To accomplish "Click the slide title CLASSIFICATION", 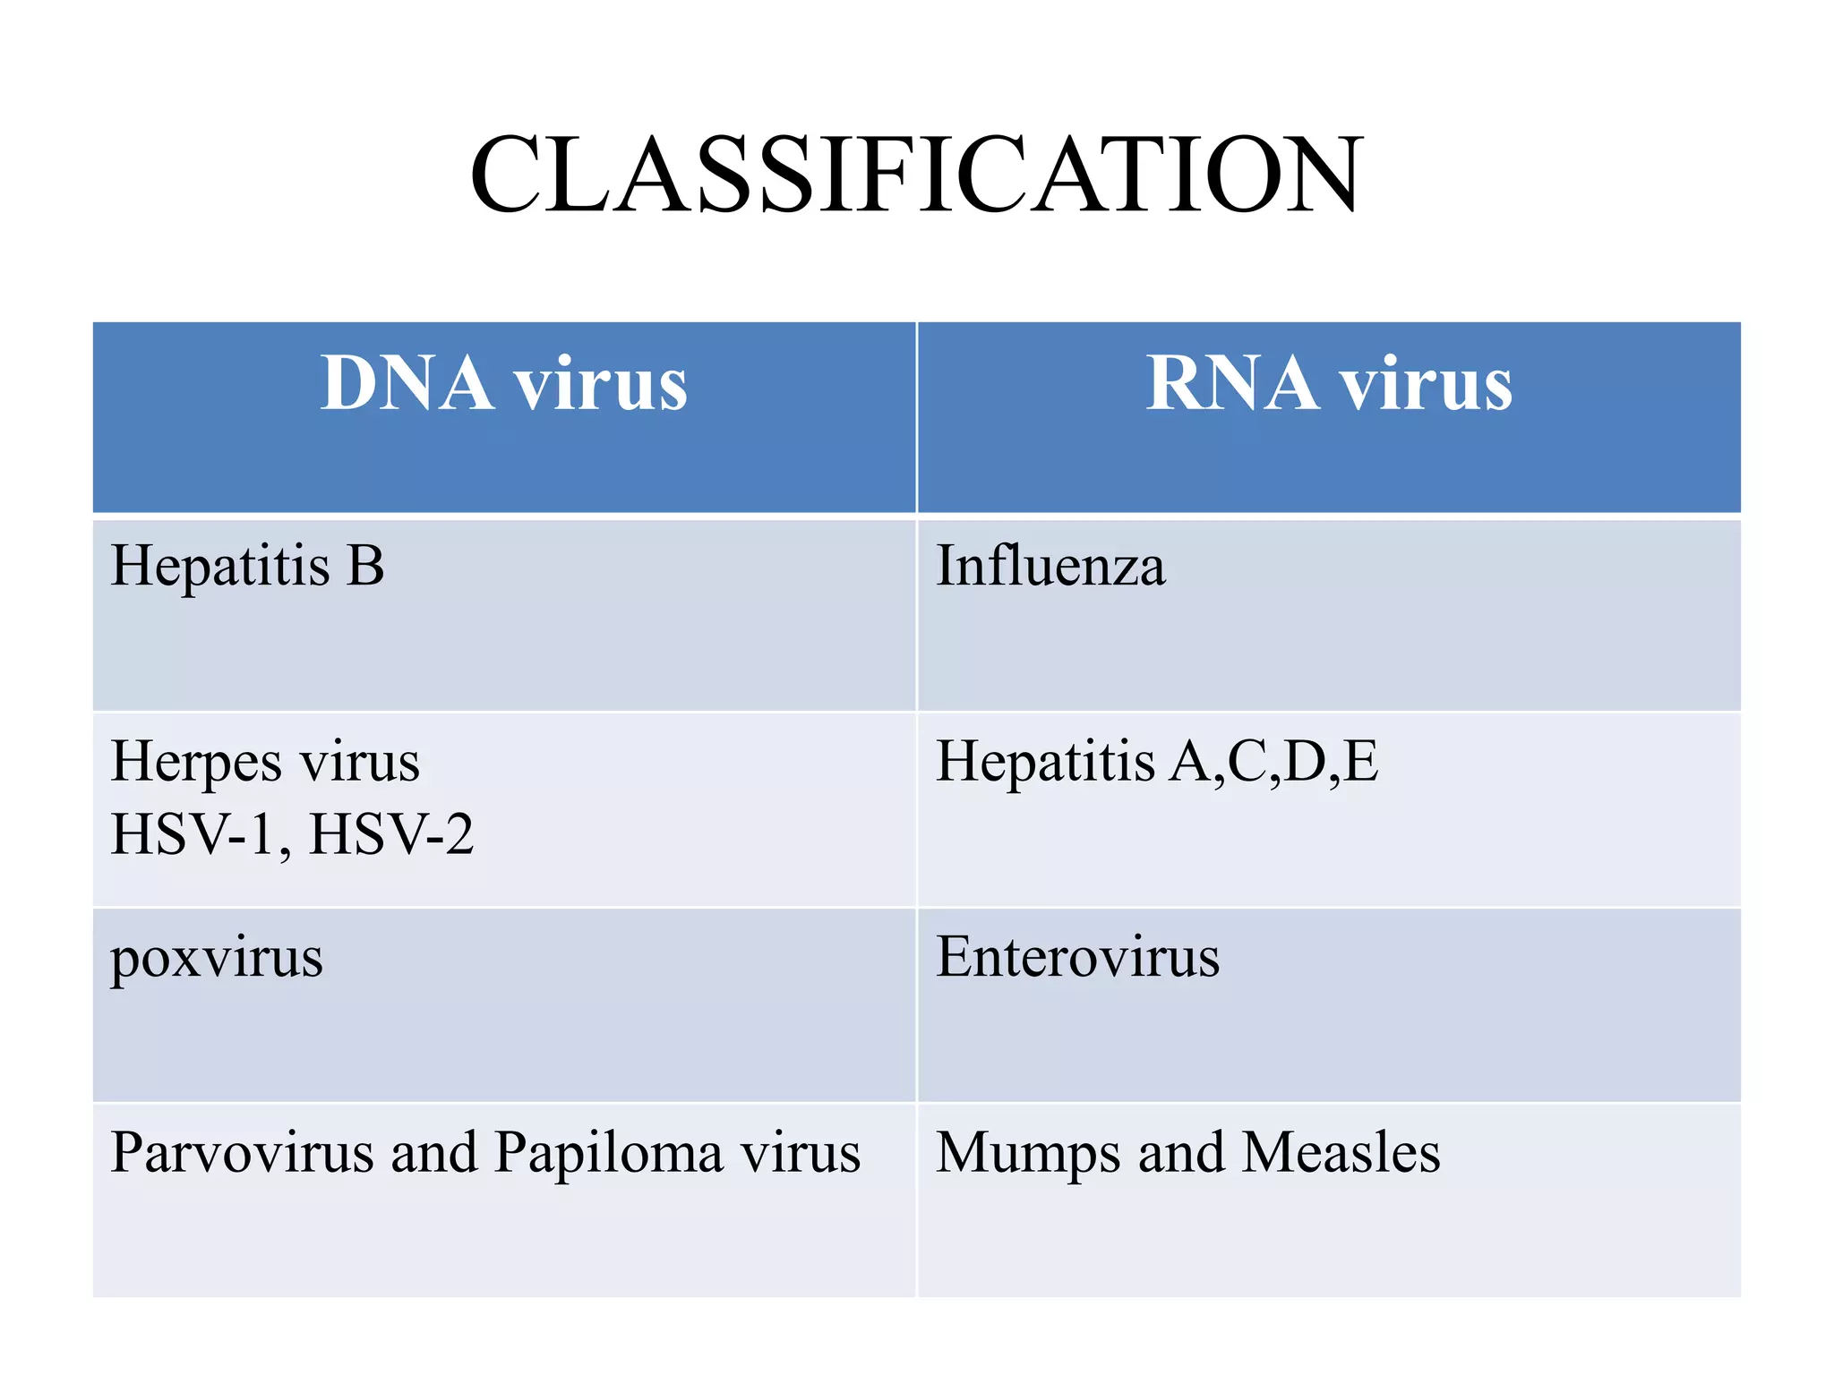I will (916, 175).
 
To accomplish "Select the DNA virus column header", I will (504, 384).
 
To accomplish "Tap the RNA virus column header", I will (1329, 384).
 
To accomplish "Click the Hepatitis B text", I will (247, 567).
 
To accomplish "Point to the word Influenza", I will (1050, 567).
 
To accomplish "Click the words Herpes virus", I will (265, 762).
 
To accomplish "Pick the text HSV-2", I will (391, 834).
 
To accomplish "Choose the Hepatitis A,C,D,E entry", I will (1157, 762).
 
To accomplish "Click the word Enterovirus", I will (1077, 957).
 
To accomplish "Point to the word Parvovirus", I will (242, 1153).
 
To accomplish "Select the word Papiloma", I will (608, 1153).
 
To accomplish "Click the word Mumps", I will (1027, 1155).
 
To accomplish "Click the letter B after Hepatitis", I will (365, 567).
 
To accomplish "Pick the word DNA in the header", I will (407, 384).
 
